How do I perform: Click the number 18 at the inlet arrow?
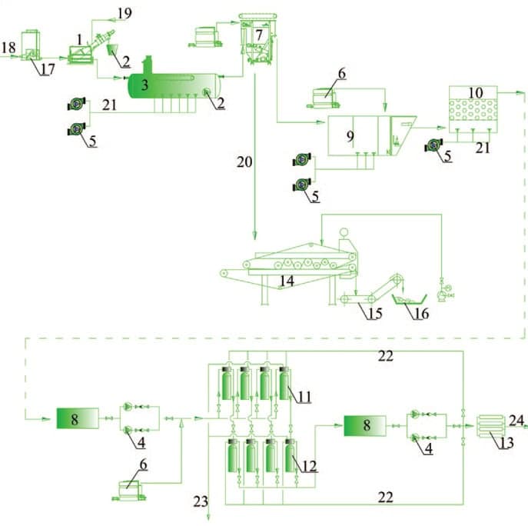tap(8, 48)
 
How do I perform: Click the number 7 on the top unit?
tap(259, 35)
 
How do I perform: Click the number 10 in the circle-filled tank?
tap(475, 93)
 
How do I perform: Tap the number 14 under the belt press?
tap(286, 281)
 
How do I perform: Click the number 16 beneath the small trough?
tap(421, 314)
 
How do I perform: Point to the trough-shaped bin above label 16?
tap(410, 298)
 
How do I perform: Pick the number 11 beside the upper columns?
tap(305, 397)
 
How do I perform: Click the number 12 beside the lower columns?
tap(305, 467)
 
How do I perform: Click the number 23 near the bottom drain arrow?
tap(201, 502)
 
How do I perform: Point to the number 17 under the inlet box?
tap(48, 70)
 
